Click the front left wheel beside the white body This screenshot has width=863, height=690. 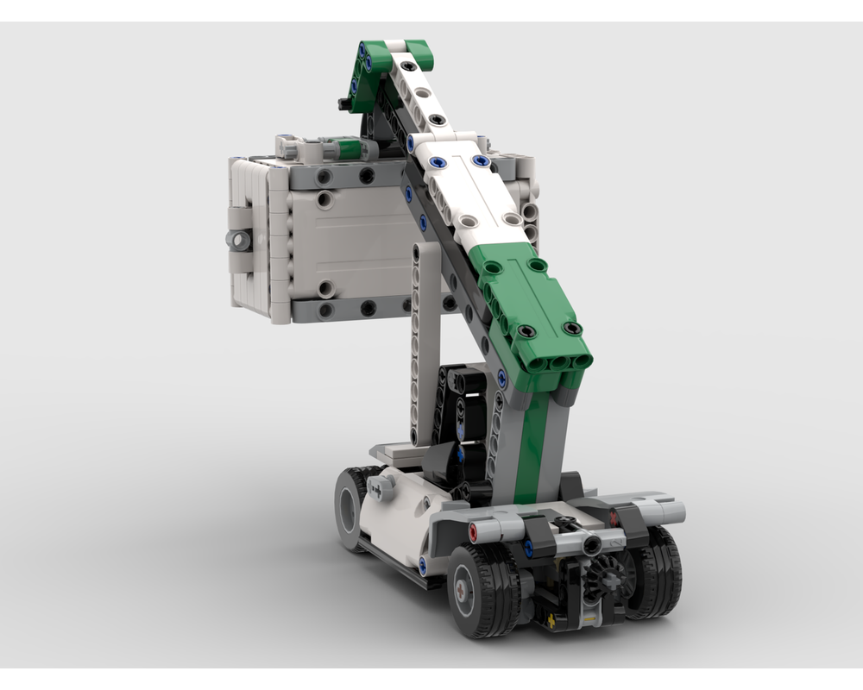pos(352,508)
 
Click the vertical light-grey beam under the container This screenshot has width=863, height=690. pos(426,345)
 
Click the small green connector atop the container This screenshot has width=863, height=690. pos(348,149)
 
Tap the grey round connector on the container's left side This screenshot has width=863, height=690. pos(239,240)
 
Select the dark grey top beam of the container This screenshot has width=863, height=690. pos(345,177)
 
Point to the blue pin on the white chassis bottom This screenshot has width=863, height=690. pos(424,565)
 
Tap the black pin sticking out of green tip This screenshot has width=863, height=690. pos(344,104)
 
